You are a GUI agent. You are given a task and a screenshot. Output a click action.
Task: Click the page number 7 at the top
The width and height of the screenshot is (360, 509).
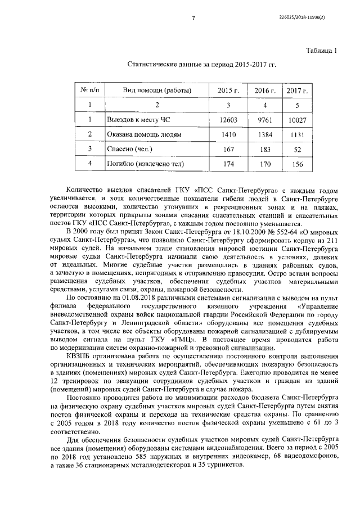[192, 19]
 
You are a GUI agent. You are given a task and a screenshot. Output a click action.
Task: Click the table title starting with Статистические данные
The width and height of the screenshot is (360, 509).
[202, 65]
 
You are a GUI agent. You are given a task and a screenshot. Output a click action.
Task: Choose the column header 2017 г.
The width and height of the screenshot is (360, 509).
[296, 90]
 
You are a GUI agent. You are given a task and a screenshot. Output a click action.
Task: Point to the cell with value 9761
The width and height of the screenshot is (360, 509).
[264, 120]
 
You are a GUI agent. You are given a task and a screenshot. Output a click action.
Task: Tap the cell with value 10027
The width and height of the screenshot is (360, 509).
[296, 120]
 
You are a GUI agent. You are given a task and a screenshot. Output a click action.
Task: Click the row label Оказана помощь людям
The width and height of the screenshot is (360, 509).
[144, 135]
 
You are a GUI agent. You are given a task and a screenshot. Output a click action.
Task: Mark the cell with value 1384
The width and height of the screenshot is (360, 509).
[264, 135]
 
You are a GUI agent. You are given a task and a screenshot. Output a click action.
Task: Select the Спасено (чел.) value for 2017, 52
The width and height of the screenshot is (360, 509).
[296, 149]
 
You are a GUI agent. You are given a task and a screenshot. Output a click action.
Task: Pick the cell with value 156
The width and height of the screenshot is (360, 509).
[296, 164]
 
